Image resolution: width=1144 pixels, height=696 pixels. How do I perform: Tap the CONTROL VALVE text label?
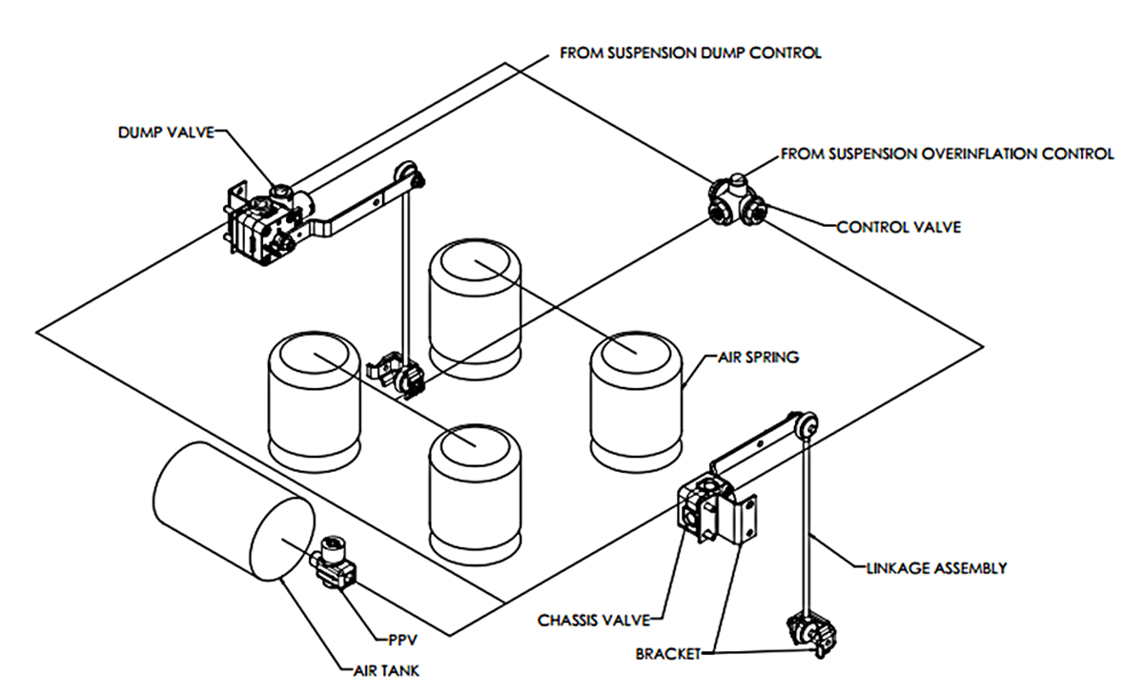(x=898, y=227)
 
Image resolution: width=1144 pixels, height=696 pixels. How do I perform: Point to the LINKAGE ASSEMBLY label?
(x=935, y=568)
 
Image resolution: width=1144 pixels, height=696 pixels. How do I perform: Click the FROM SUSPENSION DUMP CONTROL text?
(x=690, y=53)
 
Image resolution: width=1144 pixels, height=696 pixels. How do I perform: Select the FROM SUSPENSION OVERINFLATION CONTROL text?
(x=947, y=153)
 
